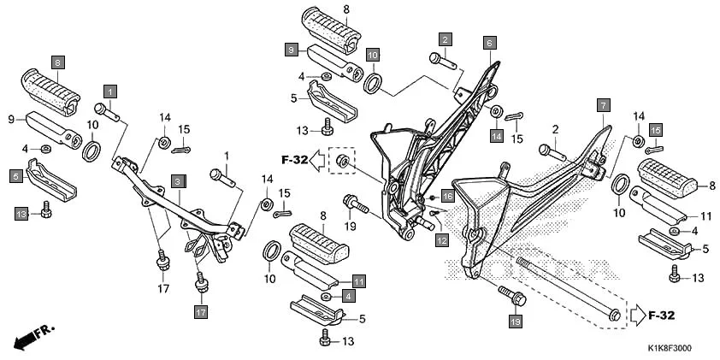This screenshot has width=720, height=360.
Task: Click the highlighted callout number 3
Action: pyautogui.click(x=177, y=180)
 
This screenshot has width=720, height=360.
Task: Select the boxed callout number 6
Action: pyautogui.click(x=489, y=42)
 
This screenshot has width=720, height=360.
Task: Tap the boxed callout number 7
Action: pyautogui.click(x=603, y=105)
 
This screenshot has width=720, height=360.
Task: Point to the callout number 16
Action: pyautogui.click(x=447, y=196)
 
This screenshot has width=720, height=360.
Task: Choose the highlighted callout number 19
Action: pyautogui.click(x=515, y=322)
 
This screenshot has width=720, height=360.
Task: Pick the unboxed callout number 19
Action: pyautogui.click(x=350, y=227)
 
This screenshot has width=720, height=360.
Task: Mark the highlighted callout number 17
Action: pyautogui.click(x=201, y=313)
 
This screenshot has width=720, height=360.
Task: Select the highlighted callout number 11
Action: pyautogui.click(x=359, y=280)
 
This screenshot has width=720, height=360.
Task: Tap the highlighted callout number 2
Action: pyautogui.click(x=446, y=38)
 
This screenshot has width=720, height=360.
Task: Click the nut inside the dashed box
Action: pyautogui.click(x=342, y=162)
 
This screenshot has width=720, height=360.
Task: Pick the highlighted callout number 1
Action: pyautogui.click(x=110, y=90)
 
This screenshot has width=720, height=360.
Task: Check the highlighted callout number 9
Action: pyautogui.click(x=292, y=50)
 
